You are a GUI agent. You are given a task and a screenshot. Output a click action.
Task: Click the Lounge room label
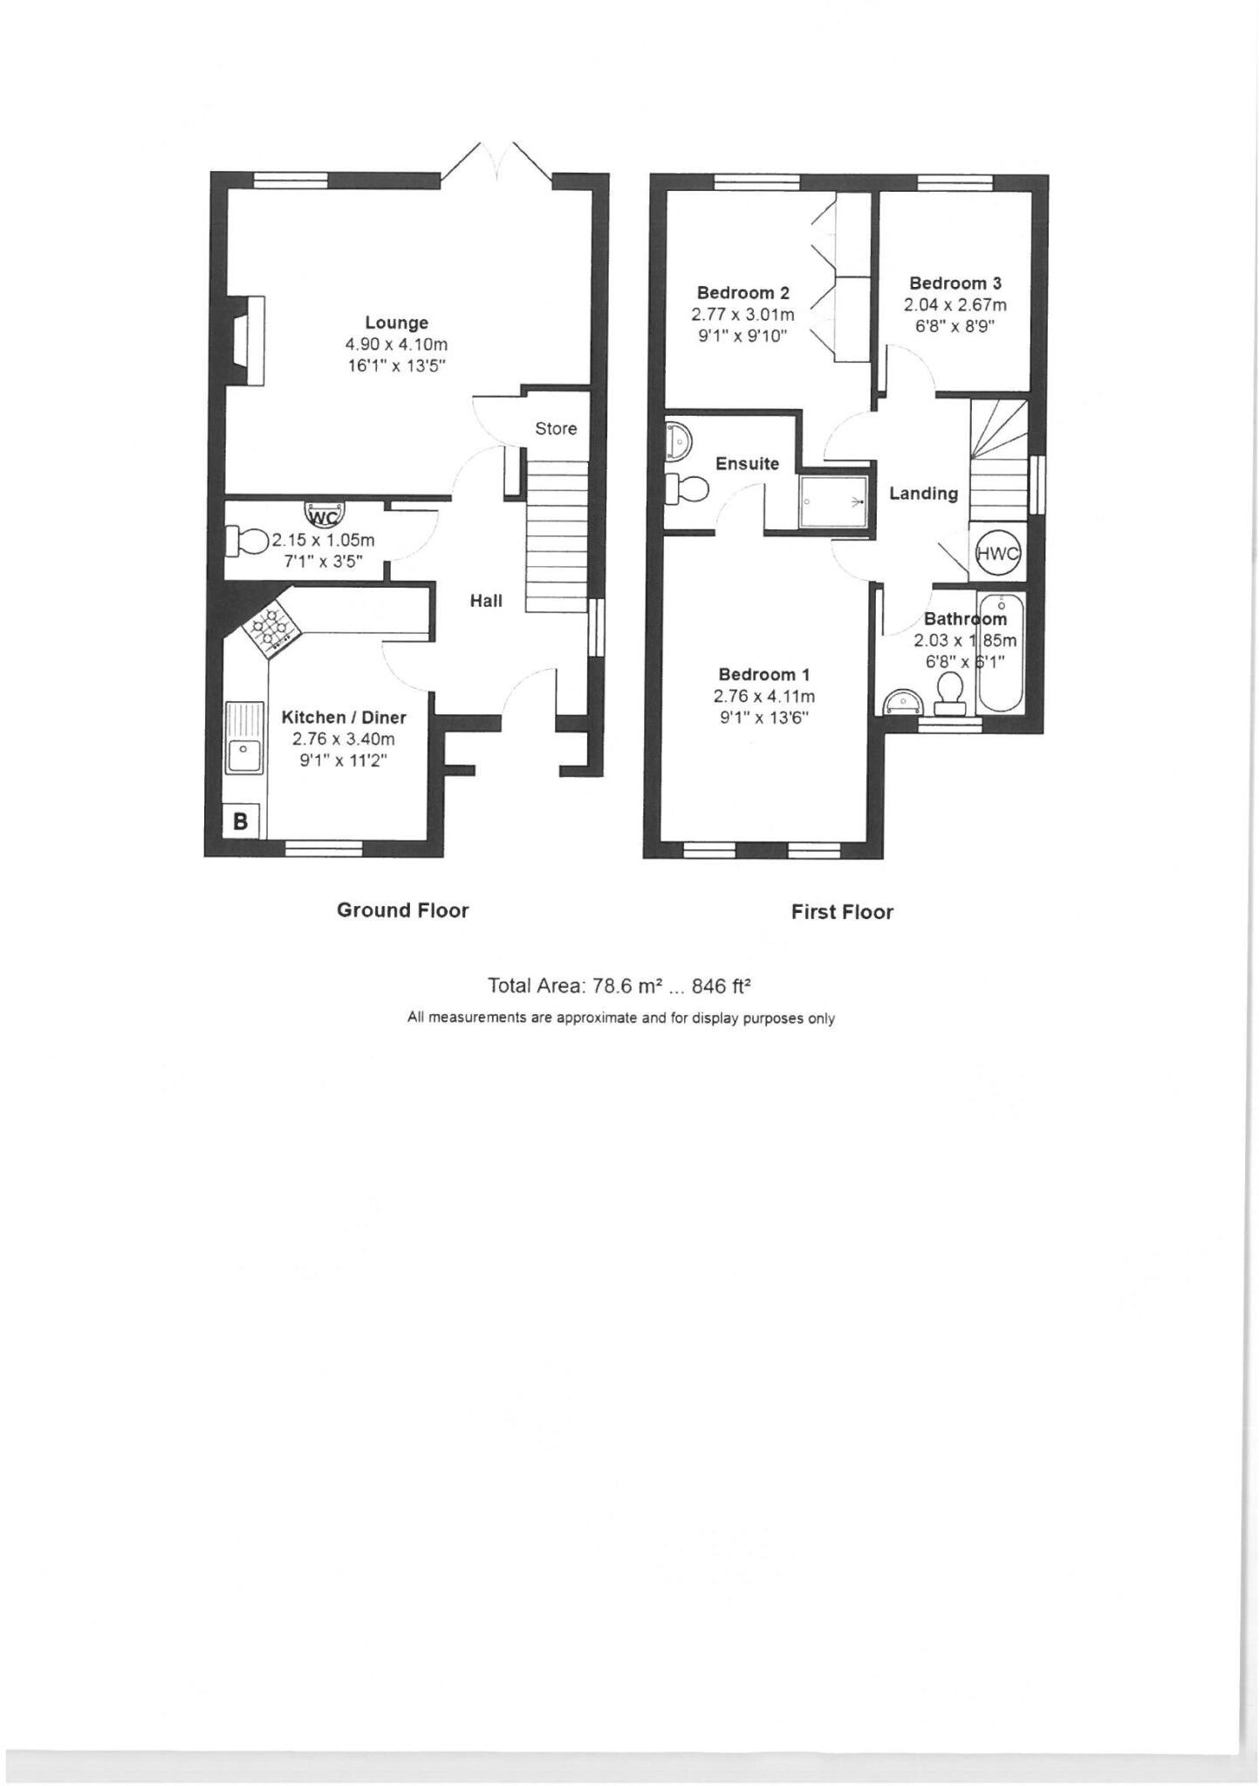396,323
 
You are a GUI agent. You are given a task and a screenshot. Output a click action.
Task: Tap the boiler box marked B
241,821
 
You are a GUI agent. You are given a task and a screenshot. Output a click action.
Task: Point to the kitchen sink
244,738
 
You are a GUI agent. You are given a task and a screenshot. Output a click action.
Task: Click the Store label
556,429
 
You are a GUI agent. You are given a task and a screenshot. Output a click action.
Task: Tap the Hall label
486,600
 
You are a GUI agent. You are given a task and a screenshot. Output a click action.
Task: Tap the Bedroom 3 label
955,283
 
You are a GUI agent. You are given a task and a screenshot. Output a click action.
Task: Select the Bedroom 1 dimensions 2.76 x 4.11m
763,696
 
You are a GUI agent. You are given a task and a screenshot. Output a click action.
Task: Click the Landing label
923,494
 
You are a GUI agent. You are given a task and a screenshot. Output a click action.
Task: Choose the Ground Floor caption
402,910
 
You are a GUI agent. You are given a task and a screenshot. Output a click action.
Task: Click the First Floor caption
841,912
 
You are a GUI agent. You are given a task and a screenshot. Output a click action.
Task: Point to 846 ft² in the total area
721,986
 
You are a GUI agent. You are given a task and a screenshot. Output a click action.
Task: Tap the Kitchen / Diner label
343,718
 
